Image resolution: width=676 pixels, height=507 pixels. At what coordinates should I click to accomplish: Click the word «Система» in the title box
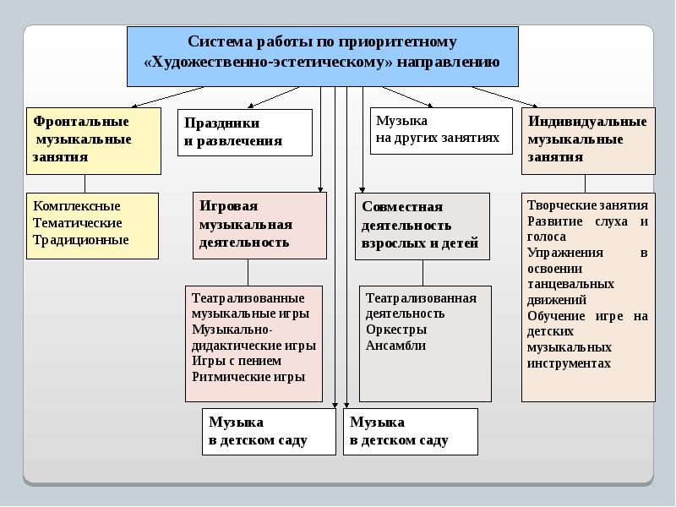coord(218,42)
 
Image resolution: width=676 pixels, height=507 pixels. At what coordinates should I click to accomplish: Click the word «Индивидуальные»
coord(587,122)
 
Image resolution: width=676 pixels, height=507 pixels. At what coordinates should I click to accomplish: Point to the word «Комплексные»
coord(76,206)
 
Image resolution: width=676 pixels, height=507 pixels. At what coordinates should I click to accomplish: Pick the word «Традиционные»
coord(80,240)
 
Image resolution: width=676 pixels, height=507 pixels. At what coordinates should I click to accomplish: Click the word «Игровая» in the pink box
coord(228,206)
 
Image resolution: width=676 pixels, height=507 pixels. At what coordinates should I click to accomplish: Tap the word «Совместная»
coord(401,207)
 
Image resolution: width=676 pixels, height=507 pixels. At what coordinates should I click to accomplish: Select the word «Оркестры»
coord(395,330)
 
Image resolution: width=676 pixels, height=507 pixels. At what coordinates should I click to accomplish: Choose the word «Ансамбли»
coord(395,346)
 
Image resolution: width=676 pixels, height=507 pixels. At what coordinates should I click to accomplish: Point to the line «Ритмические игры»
coord(248,378)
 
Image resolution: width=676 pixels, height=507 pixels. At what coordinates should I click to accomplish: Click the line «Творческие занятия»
coord(587,205)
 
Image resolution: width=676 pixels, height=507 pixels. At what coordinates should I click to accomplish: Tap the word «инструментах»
coord(568,363)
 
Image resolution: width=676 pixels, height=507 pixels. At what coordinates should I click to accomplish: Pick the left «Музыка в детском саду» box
coord(269,431)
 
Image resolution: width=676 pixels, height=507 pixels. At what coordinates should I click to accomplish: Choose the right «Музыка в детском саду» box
coord(410,431)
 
